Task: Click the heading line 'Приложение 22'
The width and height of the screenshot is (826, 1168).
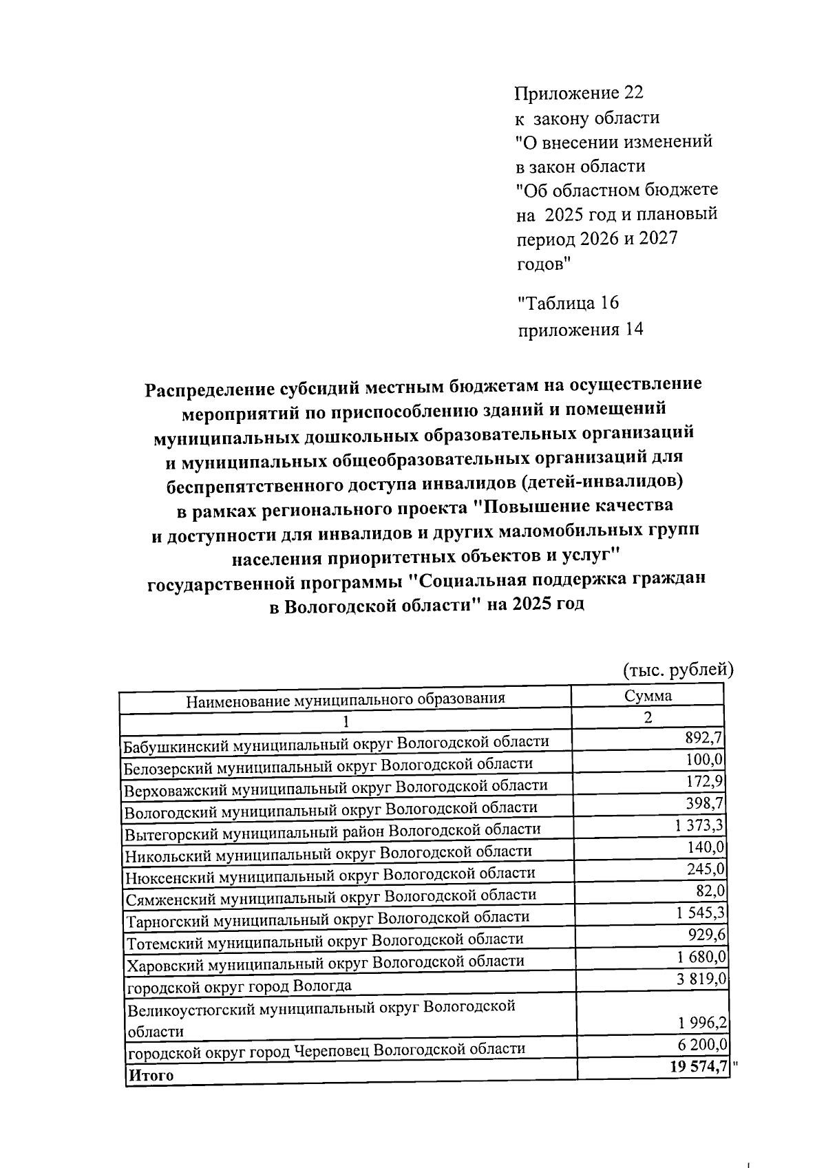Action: [x=579, y=93]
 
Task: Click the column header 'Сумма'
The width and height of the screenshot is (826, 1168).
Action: [x=648, y=695]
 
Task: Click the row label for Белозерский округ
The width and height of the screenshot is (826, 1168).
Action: [x=328, y=765]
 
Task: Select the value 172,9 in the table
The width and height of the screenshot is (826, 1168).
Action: [x=703, y=783]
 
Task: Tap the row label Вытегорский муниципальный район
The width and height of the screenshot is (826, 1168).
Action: [x=332, y=831]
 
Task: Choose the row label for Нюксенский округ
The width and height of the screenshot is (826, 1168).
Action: [x=330, y=875]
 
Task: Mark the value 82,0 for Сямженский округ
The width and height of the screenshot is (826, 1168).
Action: [x=710, y=891]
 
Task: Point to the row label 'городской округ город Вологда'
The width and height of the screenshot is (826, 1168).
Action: [x=238, y=986]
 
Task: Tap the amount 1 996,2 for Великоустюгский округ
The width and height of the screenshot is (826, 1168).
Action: [x=701, y=1024]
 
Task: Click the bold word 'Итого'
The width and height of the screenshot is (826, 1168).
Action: [x=149, y=1075]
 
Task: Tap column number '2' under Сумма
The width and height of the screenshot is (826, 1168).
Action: [x=647, y=717]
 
